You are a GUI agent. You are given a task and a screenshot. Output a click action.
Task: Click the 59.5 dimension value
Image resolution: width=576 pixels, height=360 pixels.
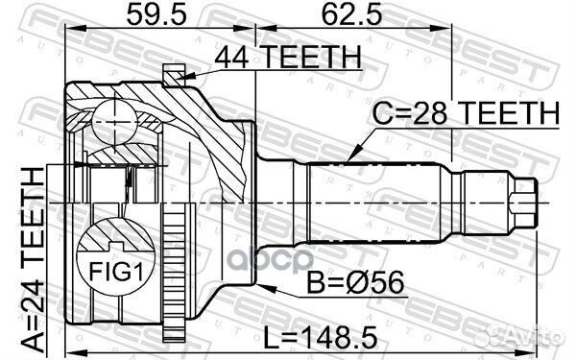(156, 15)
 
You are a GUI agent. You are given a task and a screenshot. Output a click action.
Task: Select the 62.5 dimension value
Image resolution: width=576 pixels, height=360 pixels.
(351, 15)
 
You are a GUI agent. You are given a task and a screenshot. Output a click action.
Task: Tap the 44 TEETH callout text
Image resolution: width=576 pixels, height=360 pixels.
(288, 58)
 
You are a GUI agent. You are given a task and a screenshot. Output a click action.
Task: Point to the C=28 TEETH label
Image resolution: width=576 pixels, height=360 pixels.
(466, 113)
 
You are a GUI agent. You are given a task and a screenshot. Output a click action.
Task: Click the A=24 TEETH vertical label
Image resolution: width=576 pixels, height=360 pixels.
(33, 262)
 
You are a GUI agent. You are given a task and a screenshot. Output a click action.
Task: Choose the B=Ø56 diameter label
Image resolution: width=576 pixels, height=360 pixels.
(355, 282)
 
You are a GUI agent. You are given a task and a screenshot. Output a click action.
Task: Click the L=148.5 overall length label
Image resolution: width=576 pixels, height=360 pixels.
(321, 338)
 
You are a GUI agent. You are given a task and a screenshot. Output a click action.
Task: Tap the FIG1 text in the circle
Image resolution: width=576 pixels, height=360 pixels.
(116, 272)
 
